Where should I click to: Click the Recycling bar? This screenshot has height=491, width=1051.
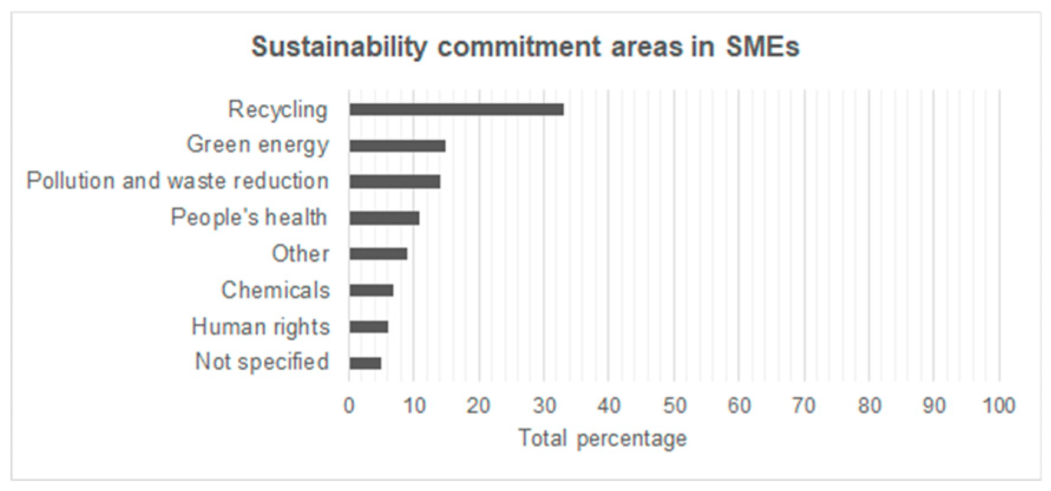456,110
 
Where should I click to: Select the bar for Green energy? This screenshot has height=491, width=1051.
397,146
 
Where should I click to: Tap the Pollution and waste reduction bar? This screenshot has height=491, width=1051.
395,182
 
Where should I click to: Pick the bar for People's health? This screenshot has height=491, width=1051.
384,218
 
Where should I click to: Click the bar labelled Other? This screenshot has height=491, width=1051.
378,254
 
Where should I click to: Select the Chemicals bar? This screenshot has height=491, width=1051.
371,291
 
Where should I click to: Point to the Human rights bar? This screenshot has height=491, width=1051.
369,327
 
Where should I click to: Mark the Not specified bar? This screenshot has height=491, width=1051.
365,363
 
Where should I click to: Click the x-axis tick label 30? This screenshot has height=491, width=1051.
544,406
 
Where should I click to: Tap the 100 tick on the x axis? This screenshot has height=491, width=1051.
999,406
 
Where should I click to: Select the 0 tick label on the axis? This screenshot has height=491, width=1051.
349,406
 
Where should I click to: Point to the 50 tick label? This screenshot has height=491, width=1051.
674,406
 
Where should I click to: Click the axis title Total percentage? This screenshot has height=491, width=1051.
602,439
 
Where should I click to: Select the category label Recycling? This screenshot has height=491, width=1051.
277,110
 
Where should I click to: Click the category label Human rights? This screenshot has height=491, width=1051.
260,327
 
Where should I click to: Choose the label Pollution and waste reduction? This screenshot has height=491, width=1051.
178,181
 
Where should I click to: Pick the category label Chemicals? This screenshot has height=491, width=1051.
275,290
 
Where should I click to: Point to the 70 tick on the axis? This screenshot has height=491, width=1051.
804,406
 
